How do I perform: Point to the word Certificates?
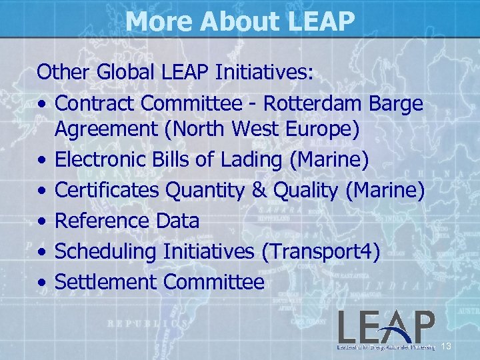(x=107, y=191)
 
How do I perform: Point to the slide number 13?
(x=447, y=346)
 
